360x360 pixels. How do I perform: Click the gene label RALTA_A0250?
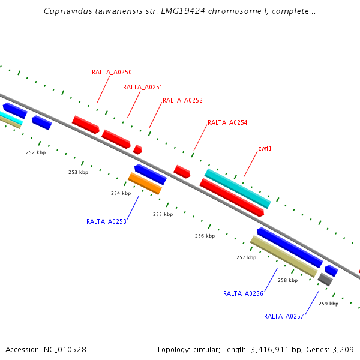(112, 72)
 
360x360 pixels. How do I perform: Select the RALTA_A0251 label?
(143, 87)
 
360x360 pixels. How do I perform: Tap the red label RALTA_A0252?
(182, 100)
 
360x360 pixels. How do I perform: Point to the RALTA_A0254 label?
(227, 122)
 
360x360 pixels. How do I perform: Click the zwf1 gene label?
(265, 148)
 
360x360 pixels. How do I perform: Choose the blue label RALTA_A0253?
(106, 221)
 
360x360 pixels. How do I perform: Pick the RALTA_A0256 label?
(243, 293)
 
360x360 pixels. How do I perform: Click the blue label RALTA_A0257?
(284, 316)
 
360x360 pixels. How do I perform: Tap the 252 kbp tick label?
(35, 152)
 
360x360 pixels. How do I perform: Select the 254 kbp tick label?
(121, 193)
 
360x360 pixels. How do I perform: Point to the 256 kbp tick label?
(205, 236)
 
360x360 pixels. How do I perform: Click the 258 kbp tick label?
(287, 280)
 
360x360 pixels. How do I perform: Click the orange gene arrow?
(145, 184)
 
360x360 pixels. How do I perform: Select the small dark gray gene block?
(325, 279)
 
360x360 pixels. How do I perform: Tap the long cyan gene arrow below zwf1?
(238, 188)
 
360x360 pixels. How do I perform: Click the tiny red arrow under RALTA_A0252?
(137, 149)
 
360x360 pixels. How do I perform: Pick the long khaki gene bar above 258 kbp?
(283, 256)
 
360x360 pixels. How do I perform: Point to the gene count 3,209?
(344, 349)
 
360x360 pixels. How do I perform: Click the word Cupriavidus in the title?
(67, 11)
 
